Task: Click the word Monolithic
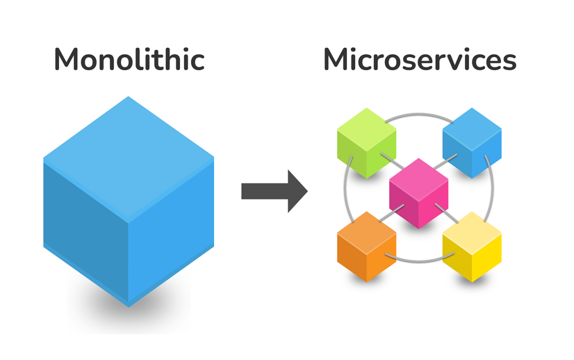pos(129,59)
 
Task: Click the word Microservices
pos(419,59)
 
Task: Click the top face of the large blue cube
pos(128,157)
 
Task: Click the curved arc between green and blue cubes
pos(419,114)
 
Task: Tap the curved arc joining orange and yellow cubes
pos(419,260)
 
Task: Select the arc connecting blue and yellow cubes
pos(492,190)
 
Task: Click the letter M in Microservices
pos(337,59)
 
